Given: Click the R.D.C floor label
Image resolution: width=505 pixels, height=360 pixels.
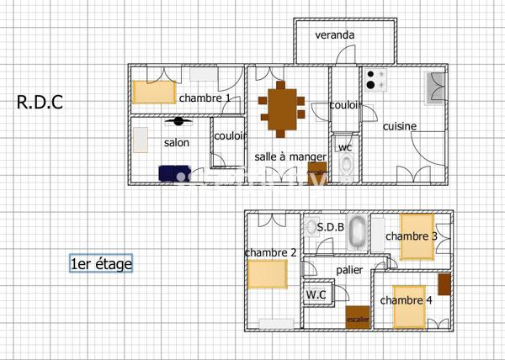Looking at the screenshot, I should click(x=40, y=103).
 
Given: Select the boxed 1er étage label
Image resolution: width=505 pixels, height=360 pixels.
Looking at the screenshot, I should click(x=101, y=264).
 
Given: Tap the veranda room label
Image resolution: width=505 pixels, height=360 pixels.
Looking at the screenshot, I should click(x=334, y=35).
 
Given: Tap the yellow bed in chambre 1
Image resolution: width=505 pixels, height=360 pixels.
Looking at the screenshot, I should click(x=152, y=91).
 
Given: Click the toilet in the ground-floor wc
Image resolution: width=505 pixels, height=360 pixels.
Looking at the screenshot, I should click(x=345, y=167).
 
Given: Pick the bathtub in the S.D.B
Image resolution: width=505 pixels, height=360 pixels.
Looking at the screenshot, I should click(x=359, y=231).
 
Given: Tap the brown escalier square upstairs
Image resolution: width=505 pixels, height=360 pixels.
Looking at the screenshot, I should click(x=357, y=317).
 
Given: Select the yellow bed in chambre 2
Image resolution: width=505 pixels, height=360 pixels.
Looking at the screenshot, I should click(x=268, y=274).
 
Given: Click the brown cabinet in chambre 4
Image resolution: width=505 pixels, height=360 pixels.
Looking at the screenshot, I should click(x=444, y=283).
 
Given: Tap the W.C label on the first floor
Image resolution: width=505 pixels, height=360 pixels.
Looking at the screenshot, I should click(x=316, y=294).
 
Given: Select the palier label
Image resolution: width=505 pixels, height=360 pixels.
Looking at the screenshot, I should click(x=349, y=270).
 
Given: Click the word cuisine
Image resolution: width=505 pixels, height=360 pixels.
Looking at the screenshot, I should click(x=400, y=126).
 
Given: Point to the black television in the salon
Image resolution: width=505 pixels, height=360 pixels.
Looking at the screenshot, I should click(x=178, y=120).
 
